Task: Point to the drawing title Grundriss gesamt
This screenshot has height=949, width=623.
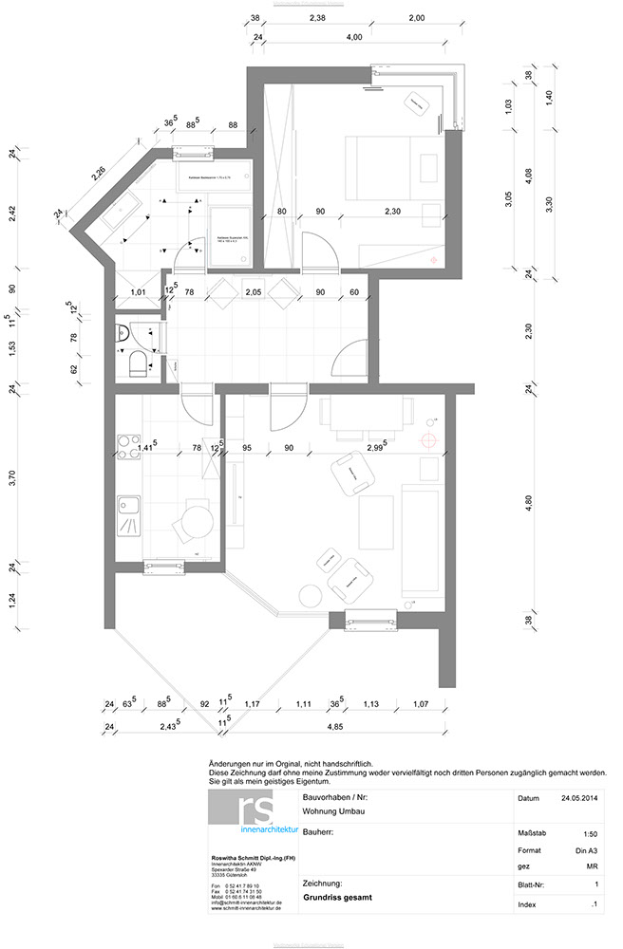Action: click(336, 895)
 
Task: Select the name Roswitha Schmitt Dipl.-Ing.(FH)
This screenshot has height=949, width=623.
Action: click(254, 858)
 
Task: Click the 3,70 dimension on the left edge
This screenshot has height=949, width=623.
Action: click(12, 479)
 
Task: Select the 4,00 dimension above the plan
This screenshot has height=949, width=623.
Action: click(354, 37)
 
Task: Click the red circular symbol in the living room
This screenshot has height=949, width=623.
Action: click(429, 439)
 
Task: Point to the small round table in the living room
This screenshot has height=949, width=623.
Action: click(311, 596)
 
